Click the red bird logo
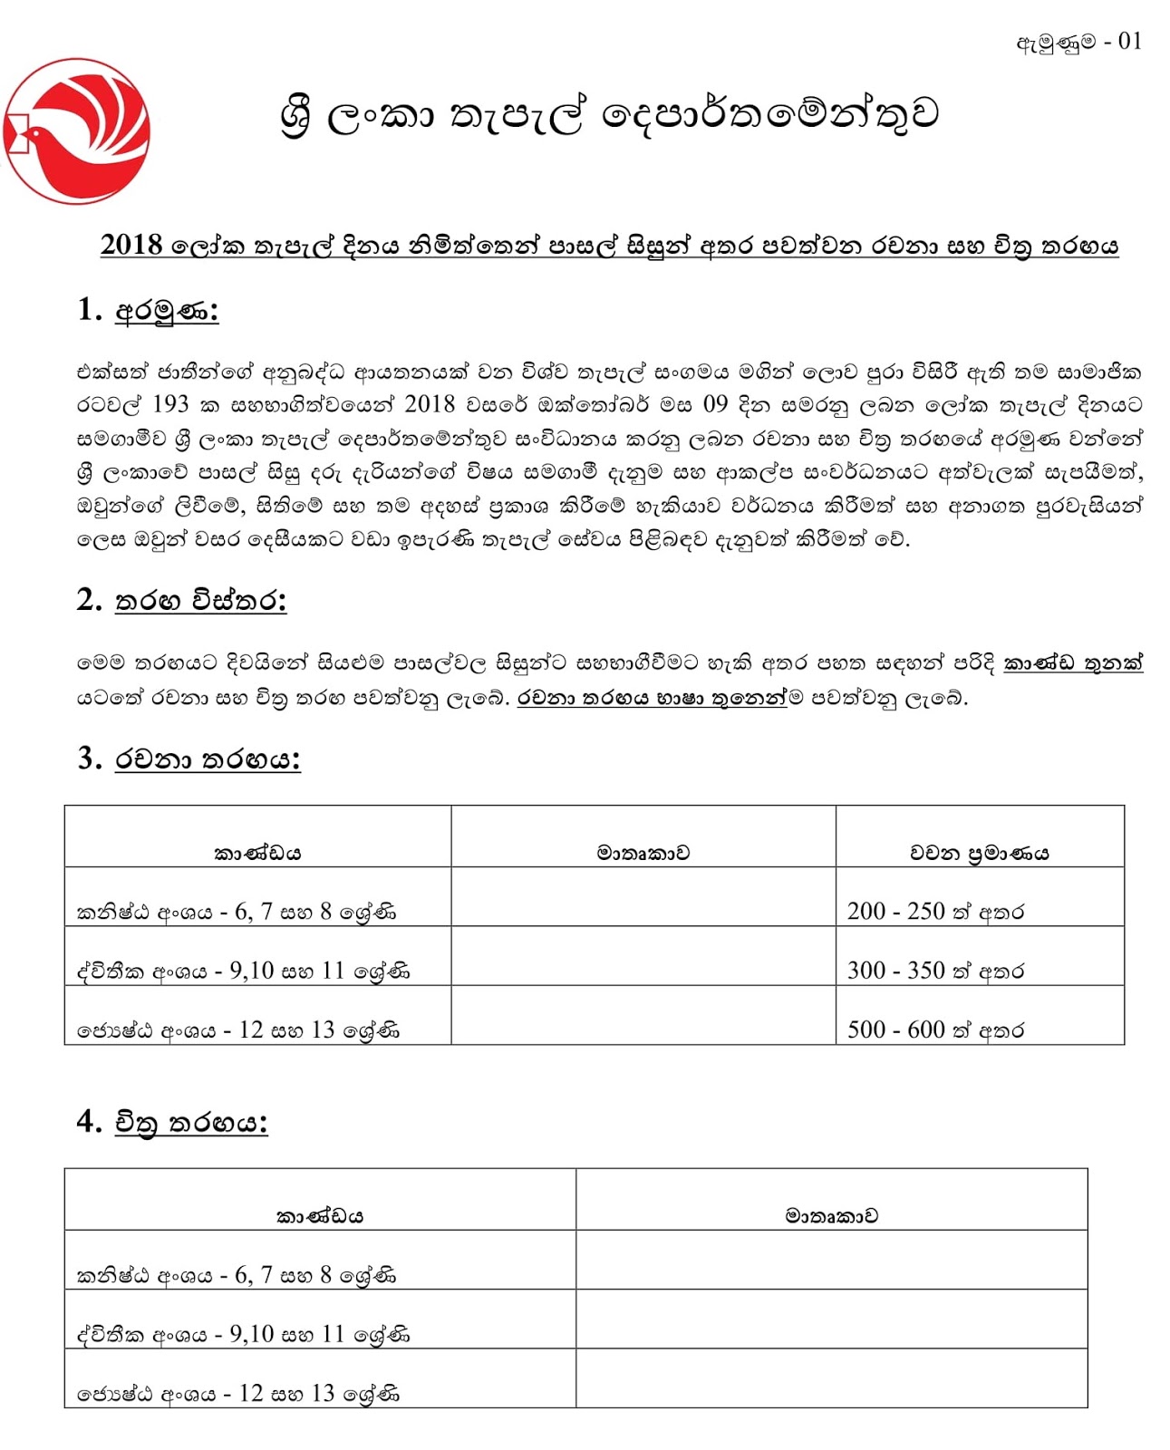(76, 131)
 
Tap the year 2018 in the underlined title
(131, 246)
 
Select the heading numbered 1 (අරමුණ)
(148, 311)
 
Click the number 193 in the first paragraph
(170, 405)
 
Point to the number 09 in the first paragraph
(715, 405)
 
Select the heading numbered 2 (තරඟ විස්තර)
(181, 601)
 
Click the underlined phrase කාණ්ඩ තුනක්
(1072, 663)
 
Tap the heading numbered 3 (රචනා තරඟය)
(189, 759)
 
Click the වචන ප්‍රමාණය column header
(979, 853)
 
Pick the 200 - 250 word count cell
(934, 912)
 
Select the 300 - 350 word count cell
(934, 971)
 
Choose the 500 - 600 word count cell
(934, 1029)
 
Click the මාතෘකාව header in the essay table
(643, 853)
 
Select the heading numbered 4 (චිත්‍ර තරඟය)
(172, 1123)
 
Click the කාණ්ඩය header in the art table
(319, 1216)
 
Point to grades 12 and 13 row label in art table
(237, 1394)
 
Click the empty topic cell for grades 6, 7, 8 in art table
(831, 1261)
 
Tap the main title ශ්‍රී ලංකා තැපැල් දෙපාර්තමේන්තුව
(609, 115)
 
